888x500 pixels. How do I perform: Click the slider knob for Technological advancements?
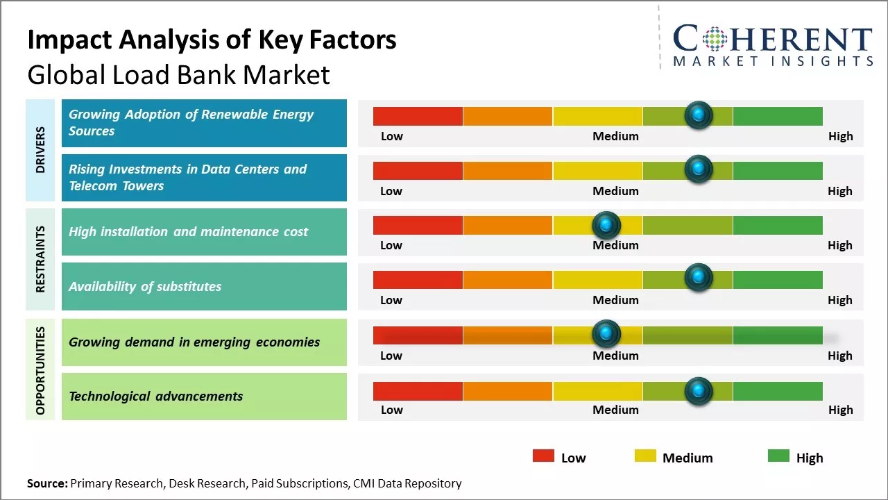pos(699,391)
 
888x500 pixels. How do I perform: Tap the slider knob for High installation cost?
pos(607,225)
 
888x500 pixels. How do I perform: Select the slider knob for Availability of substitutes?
pos(699,278)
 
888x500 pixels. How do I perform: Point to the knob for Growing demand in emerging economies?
pos(607,334)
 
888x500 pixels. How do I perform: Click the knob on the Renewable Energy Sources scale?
pos(699,115)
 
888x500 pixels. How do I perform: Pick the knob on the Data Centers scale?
pos(699,169)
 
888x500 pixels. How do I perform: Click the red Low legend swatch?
pos(543,456)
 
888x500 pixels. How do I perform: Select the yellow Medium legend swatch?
pos(645,456)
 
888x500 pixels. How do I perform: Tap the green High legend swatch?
pos(778,456)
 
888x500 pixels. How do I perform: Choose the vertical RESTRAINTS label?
pos(40,258)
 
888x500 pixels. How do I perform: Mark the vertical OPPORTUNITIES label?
pos(40,370)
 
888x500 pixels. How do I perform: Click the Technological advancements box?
pos(204,397)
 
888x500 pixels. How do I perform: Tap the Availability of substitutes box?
pos(204,286)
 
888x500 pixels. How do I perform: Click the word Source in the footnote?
pos(47,483)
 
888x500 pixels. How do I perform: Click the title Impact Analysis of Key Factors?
pos(212,40)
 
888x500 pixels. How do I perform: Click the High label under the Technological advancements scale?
pos(839,410)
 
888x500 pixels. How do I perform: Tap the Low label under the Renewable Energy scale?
pos(391,136)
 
